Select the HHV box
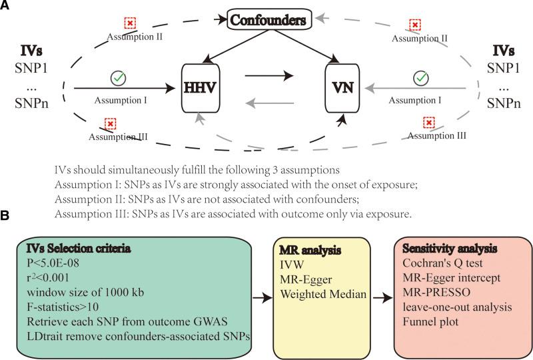tap(201, 88)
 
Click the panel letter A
tap(6, 6)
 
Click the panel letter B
tap(6, 217)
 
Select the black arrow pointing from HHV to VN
tap(269, 77)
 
